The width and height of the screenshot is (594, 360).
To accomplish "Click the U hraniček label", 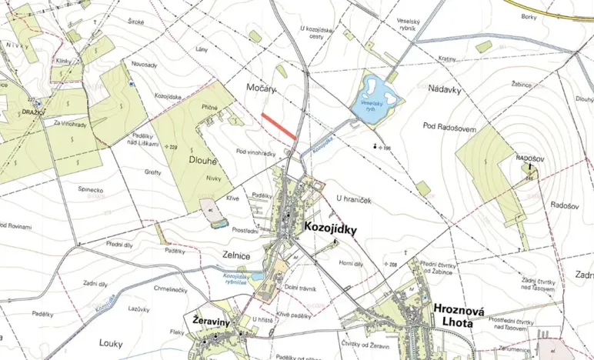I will [354, 199].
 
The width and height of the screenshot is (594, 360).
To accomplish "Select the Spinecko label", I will [93, 188].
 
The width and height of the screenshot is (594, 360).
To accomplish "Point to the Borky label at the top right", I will [529, 16].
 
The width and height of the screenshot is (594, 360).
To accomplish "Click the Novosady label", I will [145, 65].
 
